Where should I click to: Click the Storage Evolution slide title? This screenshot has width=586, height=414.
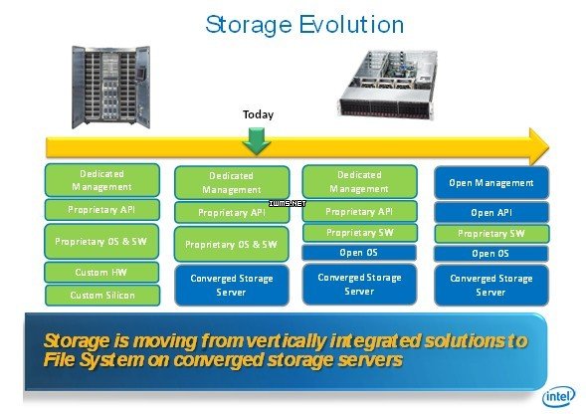coord(304,25)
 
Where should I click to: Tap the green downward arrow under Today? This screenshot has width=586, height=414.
coord(257,141)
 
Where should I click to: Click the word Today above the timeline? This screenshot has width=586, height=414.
coord(258,114)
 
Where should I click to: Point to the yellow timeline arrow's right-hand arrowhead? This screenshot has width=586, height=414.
coord(539,147)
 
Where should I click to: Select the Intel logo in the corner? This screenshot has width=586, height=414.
coord(559,396)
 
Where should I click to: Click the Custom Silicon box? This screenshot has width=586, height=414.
coord(102,295)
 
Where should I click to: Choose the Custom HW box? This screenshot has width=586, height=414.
coord(101,272)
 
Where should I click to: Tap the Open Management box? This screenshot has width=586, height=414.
coord(491,183)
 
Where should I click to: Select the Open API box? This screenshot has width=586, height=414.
coord(491,212)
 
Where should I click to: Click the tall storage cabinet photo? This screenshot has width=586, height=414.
coord(111,87)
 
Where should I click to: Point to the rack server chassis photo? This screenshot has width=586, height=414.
coord(389,85)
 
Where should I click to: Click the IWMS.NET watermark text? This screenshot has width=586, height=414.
coord(288,203)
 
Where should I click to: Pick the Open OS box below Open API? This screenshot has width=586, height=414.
coord(490,254)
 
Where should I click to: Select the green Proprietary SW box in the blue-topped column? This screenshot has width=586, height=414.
coord(491,234)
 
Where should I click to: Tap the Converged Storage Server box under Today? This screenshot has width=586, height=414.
coord(232,285)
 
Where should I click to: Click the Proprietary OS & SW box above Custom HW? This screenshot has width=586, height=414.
coord(101,242)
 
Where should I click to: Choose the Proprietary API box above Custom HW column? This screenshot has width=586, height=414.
coord(102,210)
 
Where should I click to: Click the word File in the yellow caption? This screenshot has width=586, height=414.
coord(59,360)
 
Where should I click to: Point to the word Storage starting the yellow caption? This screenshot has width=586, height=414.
coord(77,341)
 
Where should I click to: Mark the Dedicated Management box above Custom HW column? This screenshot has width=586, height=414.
coord(102,180)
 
